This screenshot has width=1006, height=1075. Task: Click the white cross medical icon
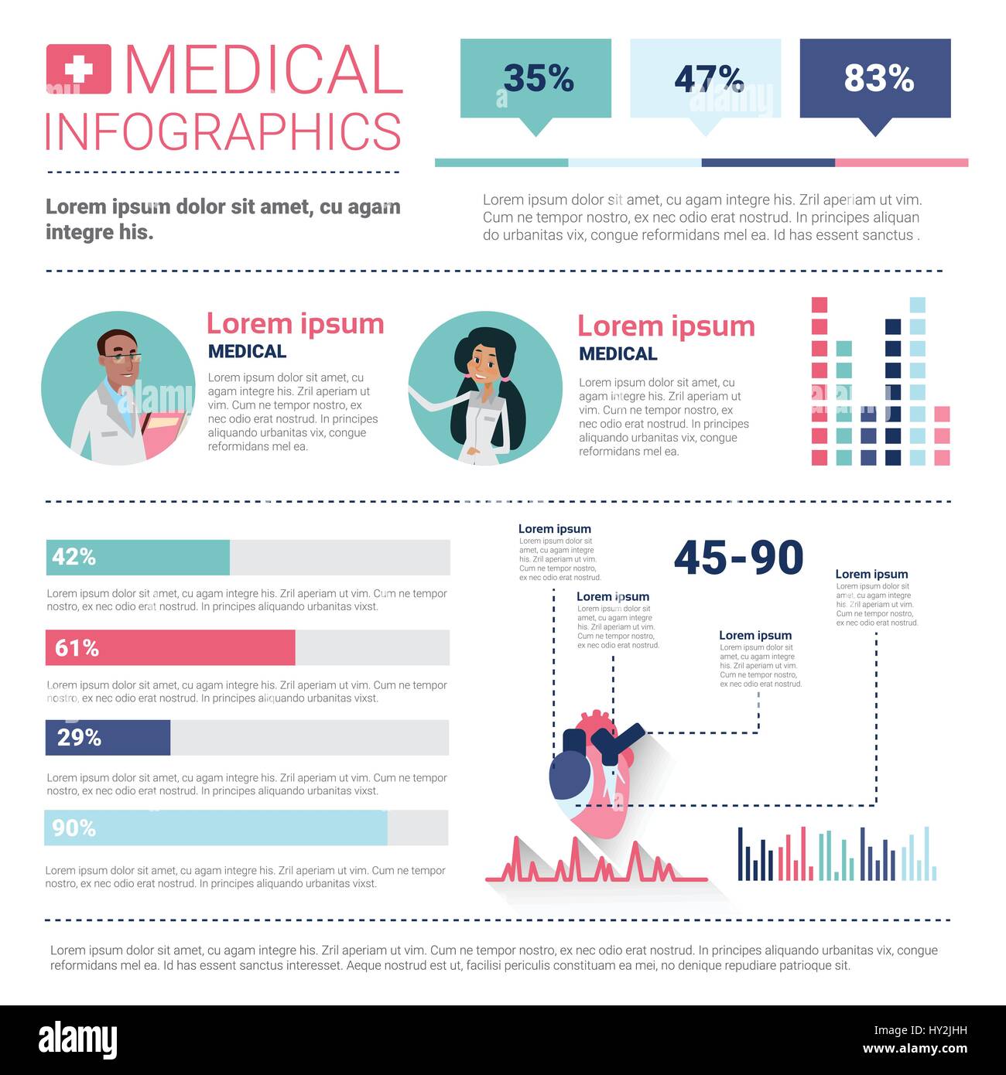point(78,70)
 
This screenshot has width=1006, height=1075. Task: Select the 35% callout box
point(536,78)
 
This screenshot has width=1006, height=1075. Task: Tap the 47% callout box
point(705,78)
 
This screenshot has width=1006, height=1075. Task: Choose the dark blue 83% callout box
point(875,78)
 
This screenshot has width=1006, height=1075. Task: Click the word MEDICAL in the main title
point(263,70)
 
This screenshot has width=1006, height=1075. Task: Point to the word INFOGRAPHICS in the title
point(224,132)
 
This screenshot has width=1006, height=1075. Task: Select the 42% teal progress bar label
point(74,557)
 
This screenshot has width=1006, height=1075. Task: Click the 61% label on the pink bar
point(77,648)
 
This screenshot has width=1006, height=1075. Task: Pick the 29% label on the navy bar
point(79,738)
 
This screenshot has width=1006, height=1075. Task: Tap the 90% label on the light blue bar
point(74,828)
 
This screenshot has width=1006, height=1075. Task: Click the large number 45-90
point(738,558)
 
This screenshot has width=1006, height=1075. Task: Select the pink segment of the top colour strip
point(902,163)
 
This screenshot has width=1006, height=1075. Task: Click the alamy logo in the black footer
point(77,1040)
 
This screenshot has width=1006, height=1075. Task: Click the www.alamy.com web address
point(915,1049)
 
